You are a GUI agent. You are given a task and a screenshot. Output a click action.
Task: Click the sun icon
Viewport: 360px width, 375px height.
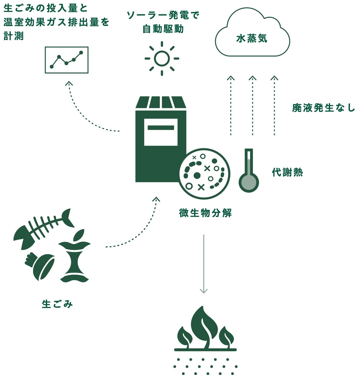(162, 58)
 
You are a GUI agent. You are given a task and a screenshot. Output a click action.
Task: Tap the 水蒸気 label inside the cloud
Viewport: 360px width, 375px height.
(252, 39)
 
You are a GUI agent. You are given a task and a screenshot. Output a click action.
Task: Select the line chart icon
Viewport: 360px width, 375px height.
(66, 60)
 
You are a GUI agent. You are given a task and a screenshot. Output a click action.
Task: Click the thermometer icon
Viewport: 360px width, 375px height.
(249, 171)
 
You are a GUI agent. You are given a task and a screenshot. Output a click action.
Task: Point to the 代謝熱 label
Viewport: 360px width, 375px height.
(287, 173)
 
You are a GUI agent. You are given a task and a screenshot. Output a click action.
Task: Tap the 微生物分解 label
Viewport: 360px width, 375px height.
(205, 213)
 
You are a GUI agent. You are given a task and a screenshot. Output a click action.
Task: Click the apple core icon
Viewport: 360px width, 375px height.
(75, 257)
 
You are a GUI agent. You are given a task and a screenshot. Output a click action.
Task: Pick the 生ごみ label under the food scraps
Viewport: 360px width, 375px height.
(57, 304)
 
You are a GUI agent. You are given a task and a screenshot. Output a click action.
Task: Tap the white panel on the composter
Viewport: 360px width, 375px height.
(161, 132)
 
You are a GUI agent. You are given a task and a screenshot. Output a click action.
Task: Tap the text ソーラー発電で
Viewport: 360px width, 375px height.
(163, 15)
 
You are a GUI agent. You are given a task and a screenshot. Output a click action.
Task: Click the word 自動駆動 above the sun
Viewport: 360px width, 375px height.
(163, 29)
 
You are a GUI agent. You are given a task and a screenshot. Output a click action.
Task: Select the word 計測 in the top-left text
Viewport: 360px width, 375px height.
(13, 36)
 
